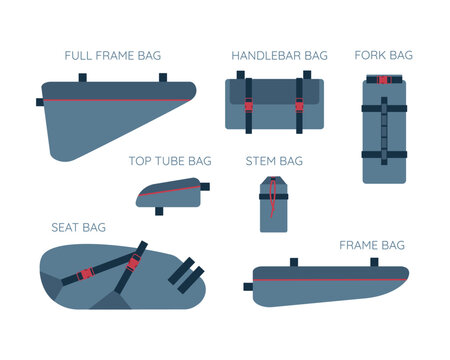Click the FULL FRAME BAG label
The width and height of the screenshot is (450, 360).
(x=112, y=55)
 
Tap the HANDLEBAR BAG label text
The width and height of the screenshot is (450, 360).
(x=279, y=55)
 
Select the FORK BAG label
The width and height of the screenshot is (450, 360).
(x=383, y=55)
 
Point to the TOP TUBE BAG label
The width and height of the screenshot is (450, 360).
(x=170, y=160)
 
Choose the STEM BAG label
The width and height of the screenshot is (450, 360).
(x=274, y=160)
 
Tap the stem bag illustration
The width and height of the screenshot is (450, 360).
(x=274, y=205)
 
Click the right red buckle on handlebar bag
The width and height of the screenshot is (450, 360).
(x=298, y=103)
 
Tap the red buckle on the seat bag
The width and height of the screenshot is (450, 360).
(x=87, y=272)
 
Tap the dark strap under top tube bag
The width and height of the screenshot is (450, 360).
(x=158, y=211)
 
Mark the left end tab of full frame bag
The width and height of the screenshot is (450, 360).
(x=40, y=101)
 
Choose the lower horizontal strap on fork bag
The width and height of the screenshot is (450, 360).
(x=384, y=154)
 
